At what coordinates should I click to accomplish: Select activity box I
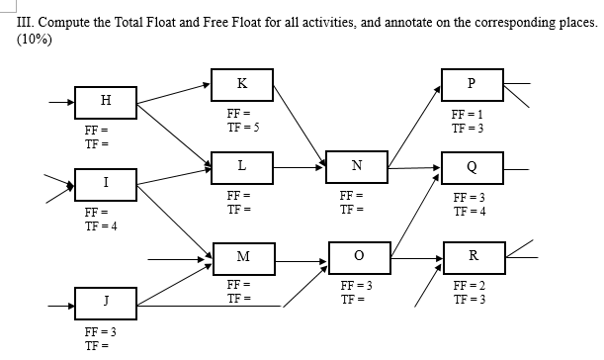(106, 182)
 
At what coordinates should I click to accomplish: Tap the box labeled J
(106, 301)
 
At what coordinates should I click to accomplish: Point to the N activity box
(356, 166)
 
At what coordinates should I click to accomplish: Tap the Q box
(472, 166)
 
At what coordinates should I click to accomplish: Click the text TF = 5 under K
(244, 128)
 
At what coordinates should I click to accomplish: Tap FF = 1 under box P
(468, 117)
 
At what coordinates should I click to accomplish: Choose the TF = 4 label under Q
(468, 210)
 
